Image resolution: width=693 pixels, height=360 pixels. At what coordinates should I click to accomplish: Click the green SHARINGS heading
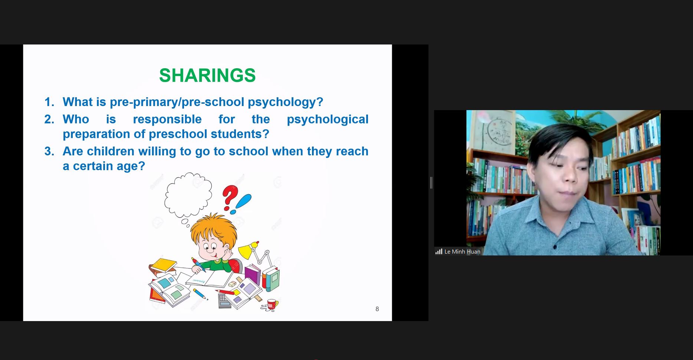click(207, 75)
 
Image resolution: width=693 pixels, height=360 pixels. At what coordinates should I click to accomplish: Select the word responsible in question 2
click(167, 119)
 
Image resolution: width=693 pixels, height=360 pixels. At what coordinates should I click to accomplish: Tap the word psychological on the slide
click(328, 119)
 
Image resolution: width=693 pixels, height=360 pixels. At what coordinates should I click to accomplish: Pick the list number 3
click(49, 151)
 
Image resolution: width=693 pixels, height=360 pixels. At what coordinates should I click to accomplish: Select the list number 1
click(49, 102)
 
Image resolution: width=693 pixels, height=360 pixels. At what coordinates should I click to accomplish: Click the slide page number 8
click(377, 309)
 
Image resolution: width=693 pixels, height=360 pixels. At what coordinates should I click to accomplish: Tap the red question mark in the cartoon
click(230, 197)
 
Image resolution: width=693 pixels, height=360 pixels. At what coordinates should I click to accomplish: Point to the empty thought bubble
click(188, 195)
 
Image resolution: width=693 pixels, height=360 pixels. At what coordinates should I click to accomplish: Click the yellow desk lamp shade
click(247, 250)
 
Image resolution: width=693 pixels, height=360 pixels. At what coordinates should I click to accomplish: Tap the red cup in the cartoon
click(272, 304)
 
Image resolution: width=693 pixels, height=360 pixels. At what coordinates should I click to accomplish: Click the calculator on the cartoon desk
click(224, 301)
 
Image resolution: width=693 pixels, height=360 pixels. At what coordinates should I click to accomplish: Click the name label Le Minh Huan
click(462, 251)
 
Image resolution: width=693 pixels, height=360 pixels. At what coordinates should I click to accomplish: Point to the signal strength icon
click(439, 251)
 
